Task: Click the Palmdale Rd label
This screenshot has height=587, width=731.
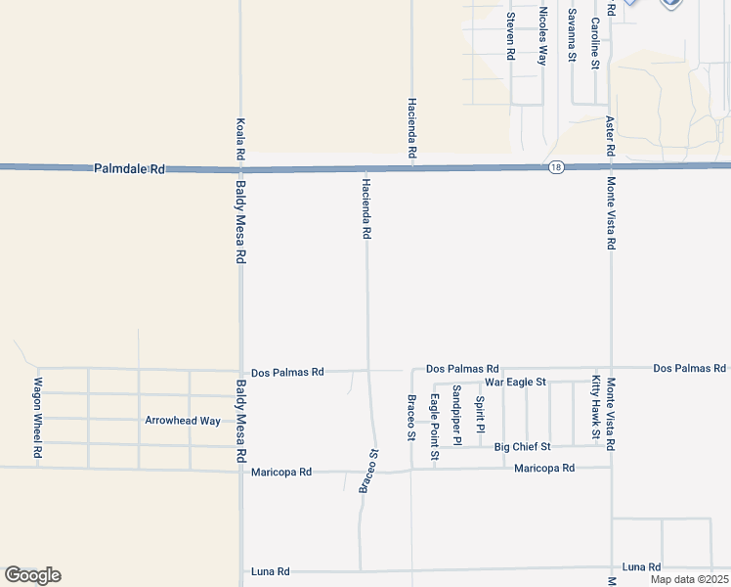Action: pos(130,169)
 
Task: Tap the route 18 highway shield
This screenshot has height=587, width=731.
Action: pos(556,168)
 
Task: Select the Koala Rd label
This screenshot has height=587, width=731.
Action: pos(240,139)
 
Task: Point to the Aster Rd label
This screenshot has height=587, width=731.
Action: pos(610,137)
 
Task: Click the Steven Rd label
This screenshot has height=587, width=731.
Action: pos(510,36)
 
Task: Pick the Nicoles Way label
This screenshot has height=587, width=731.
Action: pos(542,36)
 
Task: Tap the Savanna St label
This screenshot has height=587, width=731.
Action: pos(572,35)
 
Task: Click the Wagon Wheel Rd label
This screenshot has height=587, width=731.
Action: pos(38,418)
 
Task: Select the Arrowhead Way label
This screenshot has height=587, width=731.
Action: pos(183,421)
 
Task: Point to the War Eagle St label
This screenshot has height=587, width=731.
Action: pos(515,381)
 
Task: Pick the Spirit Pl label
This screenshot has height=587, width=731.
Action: pos(480,414)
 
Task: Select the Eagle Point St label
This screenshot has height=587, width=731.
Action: pos(434,427)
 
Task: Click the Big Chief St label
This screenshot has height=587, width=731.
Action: pos(523,446)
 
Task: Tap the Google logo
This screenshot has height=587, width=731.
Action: pos(32,575)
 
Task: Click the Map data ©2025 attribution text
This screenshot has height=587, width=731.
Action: pos(688,579)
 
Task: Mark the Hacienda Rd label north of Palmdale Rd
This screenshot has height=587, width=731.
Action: pos(412,128)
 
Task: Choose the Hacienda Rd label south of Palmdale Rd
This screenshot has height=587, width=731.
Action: pos(366,208)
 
